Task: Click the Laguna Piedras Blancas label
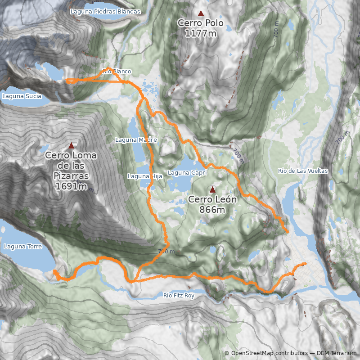105,11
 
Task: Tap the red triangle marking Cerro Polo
201,13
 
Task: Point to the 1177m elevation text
201,32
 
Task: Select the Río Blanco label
117,71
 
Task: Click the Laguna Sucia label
22,96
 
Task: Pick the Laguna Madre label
136,140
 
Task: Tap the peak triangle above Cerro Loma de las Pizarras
71,145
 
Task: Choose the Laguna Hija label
144,176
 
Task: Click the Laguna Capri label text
187,172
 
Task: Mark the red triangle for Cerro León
212,189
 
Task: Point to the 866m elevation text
212,210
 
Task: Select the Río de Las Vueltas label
303,171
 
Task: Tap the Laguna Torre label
22,247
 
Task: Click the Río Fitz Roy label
179,296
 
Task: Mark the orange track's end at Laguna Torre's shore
54,271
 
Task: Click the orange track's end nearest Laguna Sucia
67,81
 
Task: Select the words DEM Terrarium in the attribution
337,353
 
